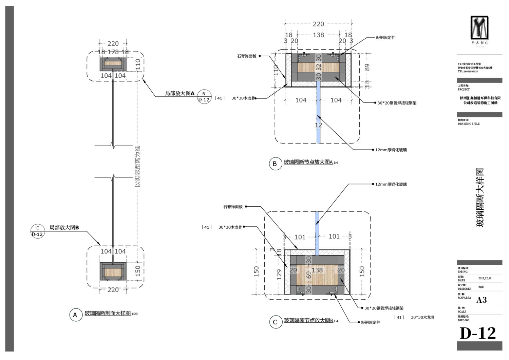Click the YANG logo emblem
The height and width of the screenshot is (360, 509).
click(x=479, y=27)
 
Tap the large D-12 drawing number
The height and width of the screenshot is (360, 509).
click(x=478, y=333)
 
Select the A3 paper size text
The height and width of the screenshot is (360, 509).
click(x=482, y=300)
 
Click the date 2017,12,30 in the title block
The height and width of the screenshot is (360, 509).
click(x=485, y=279)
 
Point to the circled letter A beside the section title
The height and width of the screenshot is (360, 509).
click(x=75, y=315)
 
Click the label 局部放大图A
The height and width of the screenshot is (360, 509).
click(x=180, y=93)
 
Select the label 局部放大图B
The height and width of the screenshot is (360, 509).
click(x=64, y=228)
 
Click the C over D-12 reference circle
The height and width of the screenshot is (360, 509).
click(x=37, y=231)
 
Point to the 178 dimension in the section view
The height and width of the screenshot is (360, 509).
click(x=113, y=52)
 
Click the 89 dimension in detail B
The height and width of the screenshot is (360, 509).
click(x=367, y=68)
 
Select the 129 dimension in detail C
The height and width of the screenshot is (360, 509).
click(x=279, y=274)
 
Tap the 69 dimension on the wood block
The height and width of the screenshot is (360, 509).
click(x=309, y=275)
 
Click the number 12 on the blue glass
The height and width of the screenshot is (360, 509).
click(x=318, y=125)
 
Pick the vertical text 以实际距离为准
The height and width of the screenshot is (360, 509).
click(x=137, y=166)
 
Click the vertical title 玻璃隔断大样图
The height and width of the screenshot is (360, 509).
click(x=480, y=197)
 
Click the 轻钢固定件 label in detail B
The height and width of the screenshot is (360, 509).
click(x=385, y=38)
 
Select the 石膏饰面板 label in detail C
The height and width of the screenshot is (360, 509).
click(x=233, y=207)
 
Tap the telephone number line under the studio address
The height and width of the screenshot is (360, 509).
click(x=468, y=72)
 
